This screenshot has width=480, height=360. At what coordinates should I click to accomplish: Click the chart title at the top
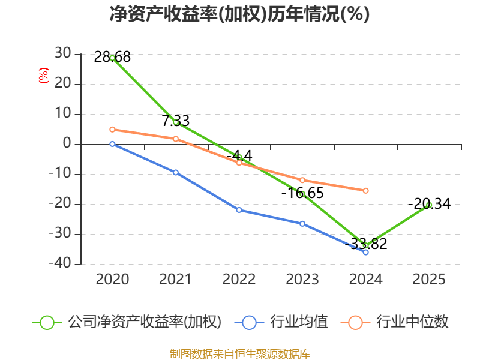pyautogui.click(x=239, y=14)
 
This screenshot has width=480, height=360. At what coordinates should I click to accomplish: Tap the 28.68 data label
pyautogui.click(x=112, y=57)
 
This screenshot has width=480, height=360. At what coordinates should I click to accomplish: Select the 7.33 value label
pyautogui.click(x=176, y=121)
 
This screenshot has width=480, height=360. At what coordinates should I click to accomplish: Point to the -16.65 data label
pyautogui.click(x=302, y=193)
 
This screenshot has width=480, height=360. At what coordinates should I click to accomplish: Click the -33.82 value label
pyautogui.click(x=366, y=244)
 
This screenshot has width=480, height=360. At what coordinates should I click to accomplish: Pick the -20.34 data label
pyautogui.click(x=430, y=204)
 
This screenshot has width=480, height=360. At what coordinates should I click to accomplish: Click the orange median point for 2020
pyautogui.click(x=112, y=130)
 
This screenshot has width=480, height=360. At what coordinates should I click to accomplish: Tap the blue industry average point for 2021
pyautogui.click(x=176, y=173)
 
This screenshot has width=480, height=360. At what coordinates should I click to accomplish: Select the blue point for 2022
pyautogui.click(x=239, y=210)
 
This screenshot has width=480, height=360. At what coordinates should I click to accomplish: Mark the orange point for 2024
pyautogui.click(x=366, y=191)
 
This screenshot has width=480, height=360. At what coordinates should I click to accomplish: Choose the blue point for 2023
pyautogui.click(x=302, y=224)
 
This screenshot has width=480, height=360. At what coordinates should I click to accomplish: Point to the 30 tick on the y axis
pyautogui.click(x=63, y=53)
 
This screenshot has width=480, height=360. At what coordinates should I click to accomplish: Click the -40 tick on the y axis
pyautogui.click(x=60, y=263)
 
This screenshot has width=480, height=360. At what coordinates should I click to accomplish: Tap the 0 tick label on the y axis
pyautogui.click(x=67, y=143)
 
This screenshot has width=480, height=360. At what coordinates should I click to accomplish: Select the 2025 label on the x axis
pyautogui.click(x=429, y=280)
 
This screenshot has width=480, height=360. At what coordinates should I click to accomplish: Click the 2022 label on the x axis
pyautogui.click(x=239, y=280)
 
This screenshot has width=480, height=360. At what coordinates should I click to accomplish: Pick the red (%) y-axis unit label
pyautogui.click(x=43, y=76)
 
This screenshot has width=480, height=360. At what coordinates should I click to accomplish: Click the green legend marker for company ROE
pyautogui.click(x=47, y=323)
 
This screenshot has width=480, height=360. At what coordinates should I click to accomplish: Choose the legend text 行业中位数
pyautogui.click(x=412, y=322)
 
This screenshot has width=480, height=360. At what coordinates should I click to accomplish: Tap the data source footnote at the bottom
pyautogui.click(x=240, y=354)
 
